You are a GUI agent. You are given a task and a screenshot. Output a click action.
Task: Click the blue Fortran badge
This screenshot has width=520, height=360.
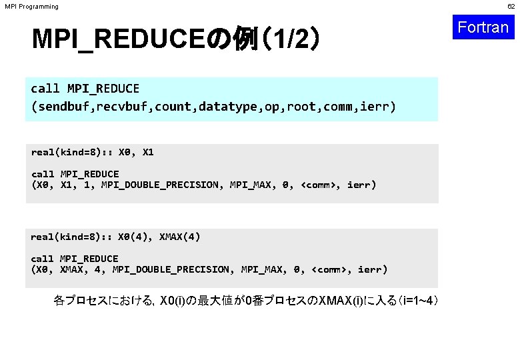tap(484, 27)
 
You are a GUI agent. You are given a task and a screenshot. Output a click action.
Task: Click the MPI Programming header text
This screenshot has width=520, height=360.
tap(31, 7)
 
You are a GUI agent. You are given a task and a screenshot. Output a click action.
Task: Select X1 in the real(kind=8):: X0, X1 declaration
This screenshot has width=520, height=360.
tap(148, 152)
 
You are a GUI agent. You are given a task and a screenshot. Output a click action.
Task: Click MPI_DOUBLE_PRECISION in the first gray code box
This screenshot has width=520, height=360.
tap(160, 185)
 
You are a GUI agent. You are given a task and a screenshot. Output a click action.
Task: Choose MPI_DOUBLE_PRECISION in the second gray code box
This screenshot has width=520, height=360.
tap(171, 269)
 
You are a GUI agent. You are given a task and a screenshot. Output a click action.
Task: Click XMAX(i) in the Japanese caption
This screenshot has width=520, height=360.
tap(343, 301)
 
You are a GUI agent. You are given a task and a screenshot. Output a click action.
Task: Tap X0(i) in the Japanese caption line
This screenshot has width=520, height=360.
tap(176, 301)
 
